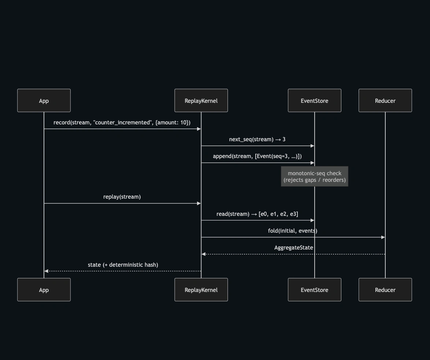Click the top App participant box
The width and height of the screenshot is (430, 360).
point(44,101)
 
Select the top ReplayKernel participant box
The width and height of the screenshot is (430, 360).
point(201,101)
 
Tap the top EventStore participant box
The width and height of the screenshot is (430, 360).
point(315,101)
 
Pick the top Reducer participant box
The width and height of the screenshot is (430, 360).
point(385,101)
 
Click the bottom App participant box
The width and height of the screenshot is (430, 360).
point(44,290)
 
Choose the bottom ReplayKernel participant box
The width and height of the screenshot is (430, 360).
point(201,290)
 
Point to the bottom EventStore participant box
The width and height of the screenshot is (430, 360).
point(315,290)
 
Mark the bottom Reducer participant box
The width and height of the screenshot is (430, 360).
point(385,290)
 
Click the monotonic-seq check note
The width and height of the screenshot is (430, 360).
point(315,176)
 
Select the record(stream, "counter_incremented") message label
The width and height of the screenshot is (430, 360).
point(122,123)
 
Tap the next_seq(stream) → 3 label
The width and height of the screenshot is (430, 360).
point(257,139)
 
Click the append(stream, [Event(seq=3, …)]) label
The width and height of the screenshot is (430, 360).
point(257,156)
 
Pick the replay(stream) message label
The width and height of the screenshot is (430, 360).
point(122,197)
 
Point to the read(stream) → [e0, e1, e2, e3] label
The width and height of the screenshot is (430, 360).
point(257,214)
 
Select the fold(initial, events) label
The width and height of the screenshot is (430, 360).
point(293,231)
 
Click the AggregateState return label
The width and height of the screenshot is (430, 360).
point(293,248)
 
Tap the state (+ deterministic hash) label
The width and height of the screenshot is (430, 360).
point(123,265)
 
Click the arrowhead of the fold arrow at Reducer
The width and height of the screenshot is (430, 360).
point(383,237)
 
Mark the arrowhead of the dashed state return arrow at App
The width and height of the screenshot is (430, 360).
point(46,271)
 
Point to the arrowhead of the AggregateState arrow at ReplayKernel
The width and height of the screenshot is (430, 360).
point(203,254)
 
